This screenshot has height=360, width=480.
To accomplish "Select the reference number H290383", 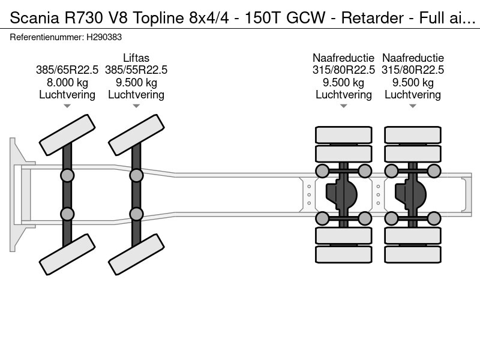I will pyautogui.click(x=106, y=37).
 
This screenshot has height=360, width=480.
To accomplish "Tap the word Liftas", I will pyautogui.click(x=136, y=58).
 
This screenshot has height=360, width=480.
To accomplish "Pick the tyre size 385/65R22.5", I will pyautogui.click(x=67, y=70).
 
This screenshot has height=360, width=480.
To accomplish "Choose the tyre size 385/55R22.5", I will pyautogui.click(x=136, y=70).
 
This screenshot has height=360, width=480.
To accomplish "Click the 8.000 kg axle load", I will pyautogui.click(x=67, y=82).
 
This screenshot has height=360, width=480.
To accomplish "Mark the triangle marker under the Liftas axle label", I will pyautogui.click(x=136, y=106).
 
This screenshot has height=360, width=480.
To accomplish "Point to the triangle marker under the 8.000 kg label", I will pyautogui.click(x=67, y=106).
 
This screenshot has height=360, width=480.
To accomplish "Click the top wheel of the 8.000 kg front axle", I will pyautogui.click(x=67, y=134).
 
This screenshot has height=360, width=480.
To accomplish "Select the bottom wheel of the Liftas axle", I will pyautogui.click(x=136, y=254).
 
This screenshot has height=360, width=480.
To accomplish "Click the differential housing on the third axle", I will pyautogui.click(x=343, y=194).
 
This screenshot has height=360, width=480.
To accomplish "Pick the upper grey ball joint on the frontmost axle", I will pyautogui.click(x=67, y=175).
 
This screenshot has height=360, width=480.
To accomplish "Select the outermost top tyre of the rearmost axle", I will pyautogui.click(x=413, y=135).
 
